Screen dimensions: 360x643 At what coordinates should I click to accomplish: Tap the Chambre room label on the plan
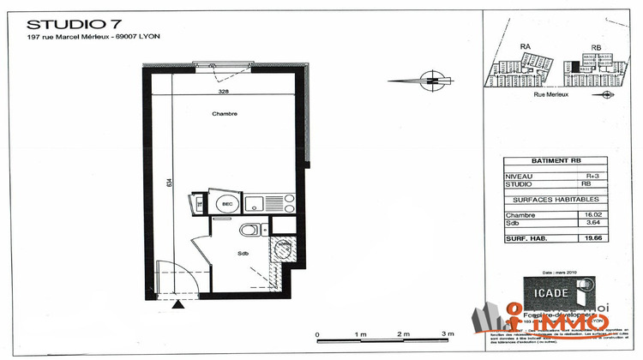coord(225,113)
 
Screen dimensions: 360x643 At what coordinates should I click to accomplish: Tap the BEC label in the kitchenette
coord(227,204)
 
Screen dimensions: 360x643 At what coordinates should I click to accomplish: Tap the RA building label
coord(526,49)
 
